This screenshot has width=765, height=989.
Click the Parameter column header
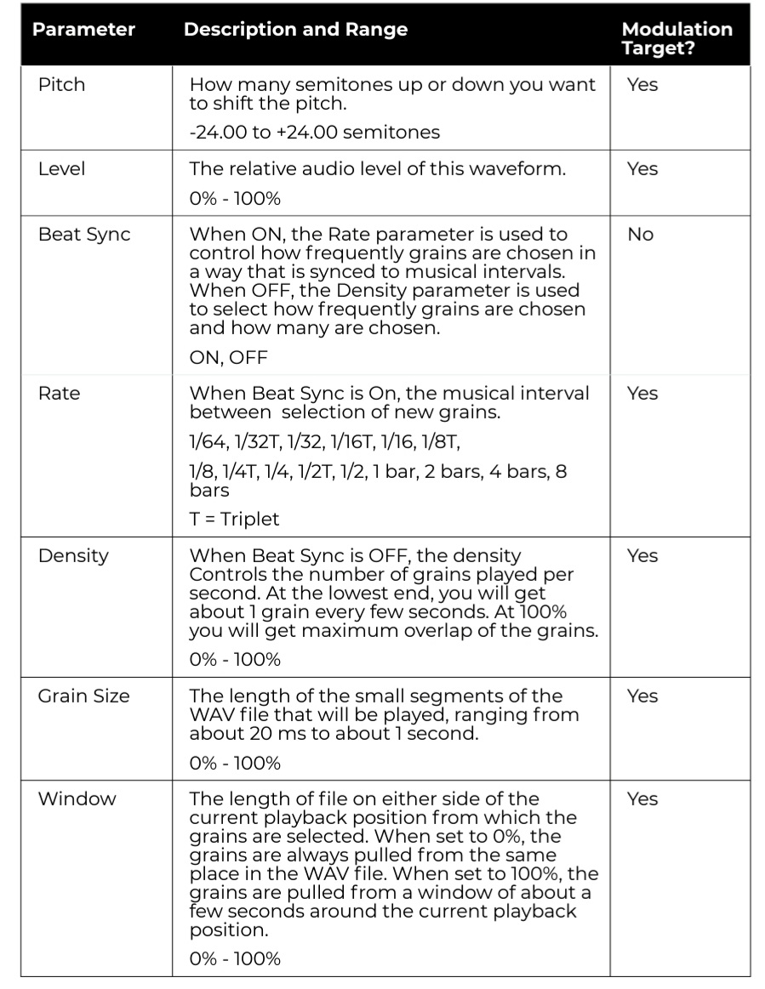[x=83, y=30]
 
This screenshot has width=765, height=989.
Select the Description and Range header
[x=295, y=30]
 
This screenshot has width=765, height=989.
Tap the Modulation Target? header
[x=677, y=38]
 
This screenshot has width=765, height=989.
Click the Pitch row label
[x=62, y=85]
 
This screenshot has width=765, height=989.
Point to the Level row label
[x=62, y=169]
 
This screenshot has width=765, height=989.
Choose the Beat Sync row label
[x=84, y=235]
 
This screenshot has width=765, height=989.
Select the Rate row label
[x=59, y=394]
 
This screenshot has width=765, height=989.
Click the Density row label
[x=73, y=556]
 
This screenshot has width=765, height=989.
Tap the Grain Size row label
[x=84, y=696]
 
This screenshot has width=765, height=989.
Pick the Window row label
[x=77, y=799]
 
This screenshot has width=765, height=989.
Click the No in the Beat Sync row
[x=640, y=235]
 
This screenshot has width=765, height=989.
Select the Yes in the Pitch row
[x=642, y=85]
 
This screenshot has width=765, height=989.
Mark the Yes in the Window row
[x=642, y=799]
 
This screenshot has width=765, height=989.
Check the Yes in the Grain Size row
[x=642, y=696]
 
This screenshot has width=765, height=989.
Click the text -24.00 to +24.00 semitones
[x=315, y=133]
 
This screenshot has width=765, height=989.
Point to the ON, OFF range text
[x=228, y=358]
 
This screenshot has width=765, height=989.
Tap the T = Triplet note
[x=234, y=519]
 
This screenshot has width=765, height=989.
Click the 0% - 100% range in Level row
[x=235, y=199]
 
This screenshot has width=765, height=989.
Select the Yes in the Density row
[x=642, y=556]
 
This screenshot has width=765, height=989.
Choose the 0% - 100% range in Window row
[x=235, y=959]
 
